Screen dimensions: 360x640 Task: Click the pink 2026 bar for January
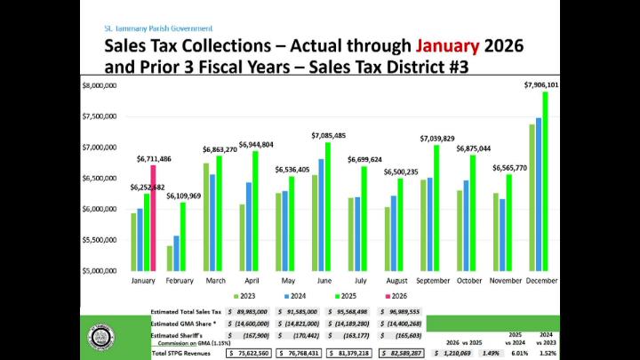tap(154, 218)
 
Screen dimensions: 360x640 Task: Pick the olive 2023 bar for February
tap(170, 258)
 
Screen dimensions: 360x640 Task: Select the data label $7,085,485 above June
tap(329, 135)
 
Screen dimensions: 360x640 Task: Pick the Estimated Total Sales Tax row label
tap(185, 312)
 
